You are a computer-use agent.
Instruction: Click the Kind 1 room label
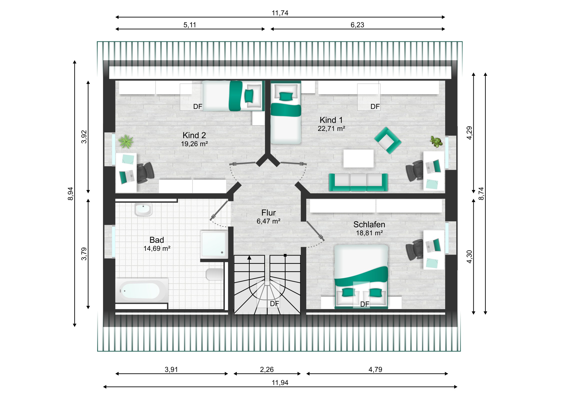(x=331, y=120)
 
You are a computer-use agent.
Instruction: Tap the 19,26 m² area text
(x=194, y=144)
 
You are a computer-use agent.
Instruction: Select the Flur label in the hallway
(x=268, y=213)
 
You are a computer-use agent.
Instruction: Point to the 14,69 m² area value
(x=157, y=248)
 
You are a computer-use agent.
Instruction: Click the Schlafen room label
(x=369, y=225)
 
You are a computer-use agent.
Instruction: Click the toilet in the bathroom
(x=214, y=274)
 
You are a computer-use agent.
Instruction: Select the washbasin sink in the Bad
(x=143, y=210)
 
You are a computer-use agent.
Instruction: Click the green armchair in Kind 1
(x=388, y=140)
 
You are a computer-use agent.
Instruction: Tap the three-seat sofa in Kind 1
(x=358, y=182)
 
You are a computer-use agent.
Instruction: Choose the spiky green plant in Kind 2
(x=126, y=141)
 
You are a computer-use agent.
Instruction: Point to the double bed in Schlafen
(x=361, y=277)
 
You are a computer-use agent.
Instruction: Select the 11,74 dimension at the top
(x=280, y=13)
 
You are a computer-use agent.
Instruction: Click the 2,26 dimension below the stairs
(x=267, y=369)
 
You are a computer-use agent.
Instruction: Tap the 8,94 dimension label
(x=70, y=194)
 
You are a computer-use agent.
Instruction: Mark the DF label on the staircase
(x=274, y=304)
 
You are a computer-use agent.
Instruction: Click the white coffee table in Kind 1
(x=358, y=158)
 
